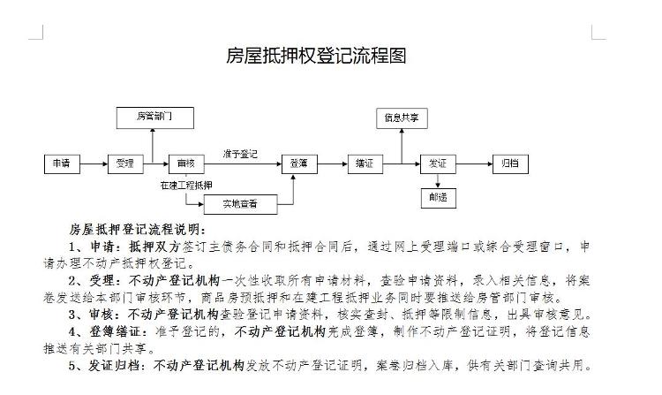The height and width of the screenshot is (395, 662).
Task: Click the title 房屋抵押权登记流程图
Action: (x=316, y=57)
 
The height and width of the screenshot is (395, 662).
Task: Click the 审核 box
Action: (x=186, y=163)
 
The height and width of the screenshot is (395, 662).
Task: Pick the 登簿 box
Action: (x=298, y=163)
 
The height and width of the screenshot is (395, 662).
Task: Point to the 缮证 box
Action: (x=365, y=163)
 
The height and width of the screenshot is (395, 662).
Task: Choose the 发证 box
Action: (x=438, y=163)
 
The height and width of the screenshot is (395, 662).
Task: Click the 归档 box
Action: (x=510, y=163)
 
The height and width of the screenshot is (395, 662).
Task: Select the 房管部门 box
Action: (x=154, y=116)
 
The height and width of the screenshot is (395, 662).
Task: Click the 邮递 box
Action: (x=438, y=198)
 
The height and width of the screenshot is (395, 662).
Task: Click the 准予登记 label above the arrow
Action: (x=240, y=154)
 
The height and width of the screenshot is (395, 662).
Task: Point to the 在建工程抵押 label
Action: (x=185, y=186)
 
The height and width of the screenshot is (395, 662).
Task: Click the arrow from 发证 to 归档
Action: (x=474, y=163)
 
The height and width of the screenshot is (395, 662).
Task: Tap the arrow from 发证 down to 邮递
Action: (x=438, y=180)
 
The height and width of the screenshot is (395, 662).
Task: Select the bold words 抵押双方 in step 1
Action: (x=154, y=246)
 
